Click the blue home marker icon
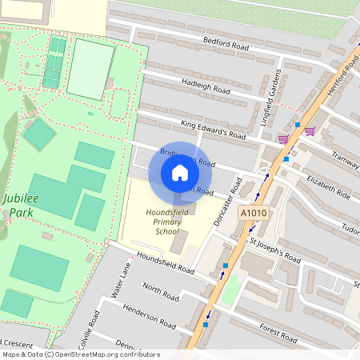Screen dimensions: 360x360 (180, 173)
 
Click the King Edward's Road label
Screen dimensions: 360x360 (213, 130)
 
